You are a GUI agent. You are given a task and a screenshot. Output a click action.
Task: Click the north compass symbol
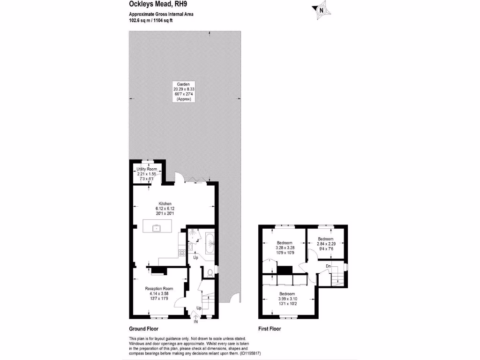[x=321, y=9]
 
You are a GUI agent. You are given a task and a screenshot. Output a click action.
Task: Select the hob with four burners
[x=181, y=253]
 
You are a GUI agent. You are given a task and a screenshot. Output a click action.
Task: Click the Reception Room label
[x=159, y=288]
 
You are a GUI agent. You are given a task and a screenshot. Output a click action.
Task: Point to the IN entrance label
[x=195, y=322]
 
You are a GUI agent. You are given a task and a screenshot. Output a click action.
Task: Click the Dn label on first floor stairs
[x=328, y=266]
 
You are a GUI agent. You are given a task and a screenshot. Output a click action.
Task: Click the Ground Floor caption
[x=143, y=329]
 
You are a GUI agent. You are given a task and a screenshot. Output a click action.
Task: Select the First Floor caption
[x=270, y=329]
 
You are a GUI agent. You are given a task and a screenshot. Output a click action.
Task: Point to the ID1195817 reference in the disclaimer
[x=256, y=353]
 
